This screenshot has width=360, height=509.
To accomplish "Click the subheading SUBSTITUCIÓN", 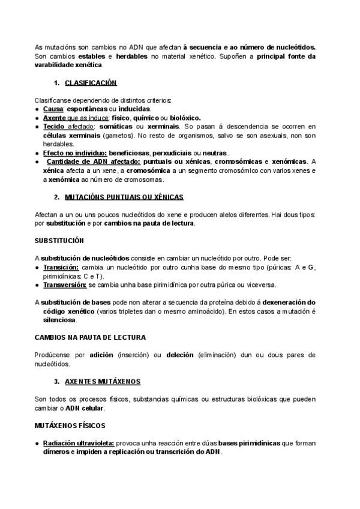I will click(x=59, y=240).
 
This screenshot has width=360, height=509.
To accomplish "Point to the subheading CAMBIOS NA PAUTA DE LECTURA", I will click(x=90, y=337).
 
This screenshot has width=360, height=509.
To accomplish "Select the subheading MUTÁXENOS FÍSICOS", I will click(x=70, y=425).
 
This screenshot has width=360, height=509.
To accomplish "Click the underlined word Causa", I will click(x=53, y=109).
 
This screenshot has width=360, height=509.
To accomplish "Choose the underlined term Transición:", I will click(x=61, y=267).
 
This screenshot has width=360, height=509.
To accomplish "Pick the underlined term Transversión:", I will click(x=65, y=285).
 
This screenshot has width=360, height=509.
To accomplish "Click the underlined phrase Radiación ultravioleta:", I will click(x=79, y=443).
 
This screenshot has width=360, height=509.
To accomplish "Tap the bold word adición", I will click(x=101, y=355).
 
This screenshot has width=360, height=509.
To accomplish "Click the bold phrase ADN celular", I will click(x=85, y=408).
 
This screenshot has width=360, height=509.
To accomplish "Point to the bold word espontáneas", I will click(x=87, y=109).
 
